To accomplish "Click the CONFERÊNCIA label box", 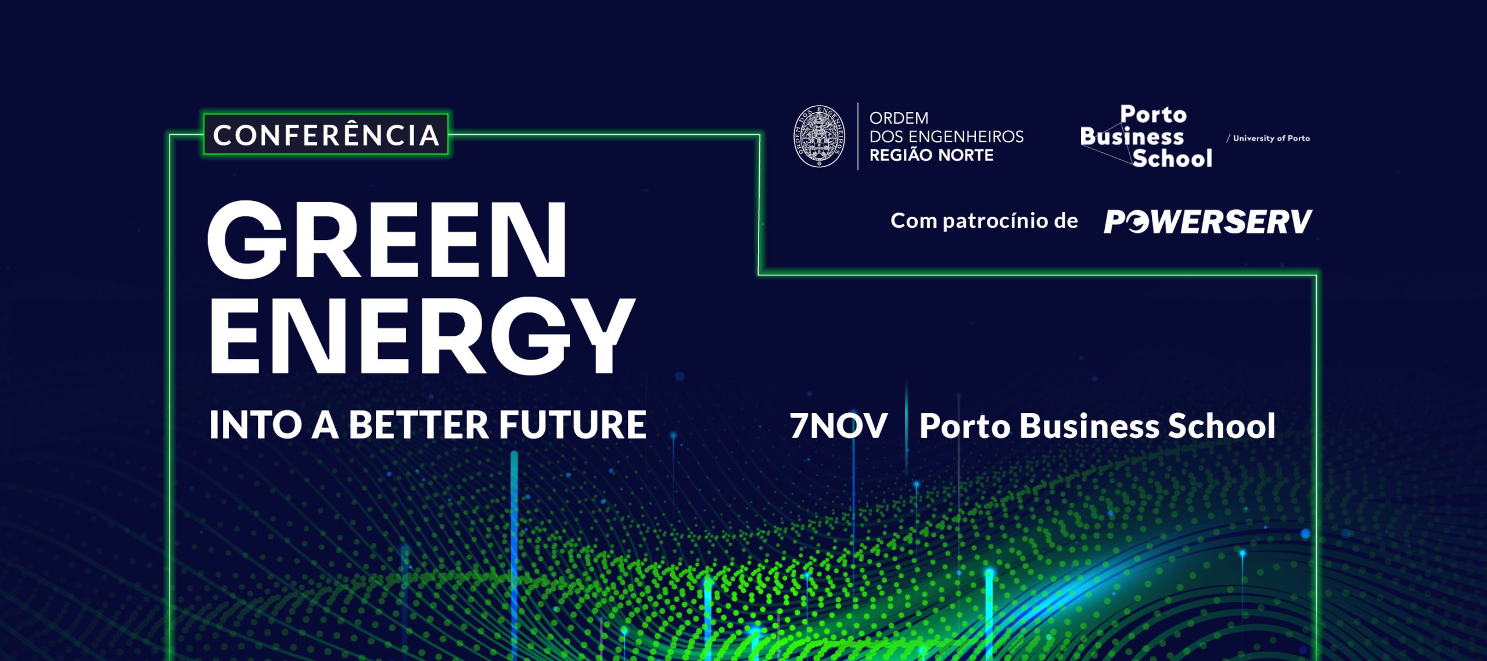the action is (326, 135).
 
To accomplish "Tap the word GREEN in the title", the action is (387, 240).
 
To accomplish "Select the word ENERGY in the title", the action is (421, 336).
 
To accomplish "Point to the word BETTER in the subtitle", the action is (419, 425).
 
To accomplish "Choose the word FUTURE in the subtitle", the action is (573, 425).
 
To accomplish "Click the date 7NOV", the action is (838, 426).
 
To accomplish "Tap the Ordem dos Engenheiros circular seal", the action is (820, 136).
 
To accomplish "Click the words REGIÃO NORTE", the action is (932, 155).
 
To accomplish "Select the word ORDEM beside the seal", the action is (899, 118).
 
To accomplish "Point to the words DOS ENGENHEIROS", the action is (947, 136).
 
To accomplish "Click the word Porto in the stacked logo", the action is (1154, 114).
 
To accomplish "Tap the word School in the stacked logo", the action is (1172, 158).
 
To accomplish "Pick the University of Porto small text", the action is (1269, 138).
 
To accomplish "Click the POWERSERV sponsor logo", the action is (1208, 221).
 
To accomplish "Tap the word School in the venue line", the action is (1222, 426).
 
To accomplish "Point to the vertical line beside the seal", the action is (858, 136).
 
